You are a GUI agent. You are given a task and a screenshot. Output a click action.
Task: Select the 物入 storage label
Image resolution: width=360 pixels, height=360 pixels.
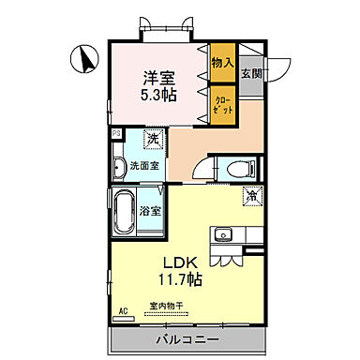222,63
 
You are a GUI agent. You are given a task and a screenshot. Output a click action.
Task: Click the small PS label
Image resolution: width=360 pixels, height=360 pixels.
115,134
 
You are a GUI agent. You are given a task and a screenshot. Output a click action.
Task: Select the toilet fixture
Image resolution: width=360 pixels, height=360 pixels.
235,169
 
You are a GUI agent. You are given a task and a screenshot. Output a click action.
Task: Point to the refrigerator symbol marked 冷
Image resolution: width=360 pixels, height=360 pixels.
251,196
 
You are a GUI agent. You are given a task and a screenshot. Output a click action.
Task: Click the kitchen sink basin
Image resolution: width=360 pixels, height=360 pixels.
225,235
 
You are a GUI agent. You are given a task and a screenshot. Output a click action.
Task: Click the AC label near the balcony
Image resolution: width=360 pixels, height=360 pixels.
123,308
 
